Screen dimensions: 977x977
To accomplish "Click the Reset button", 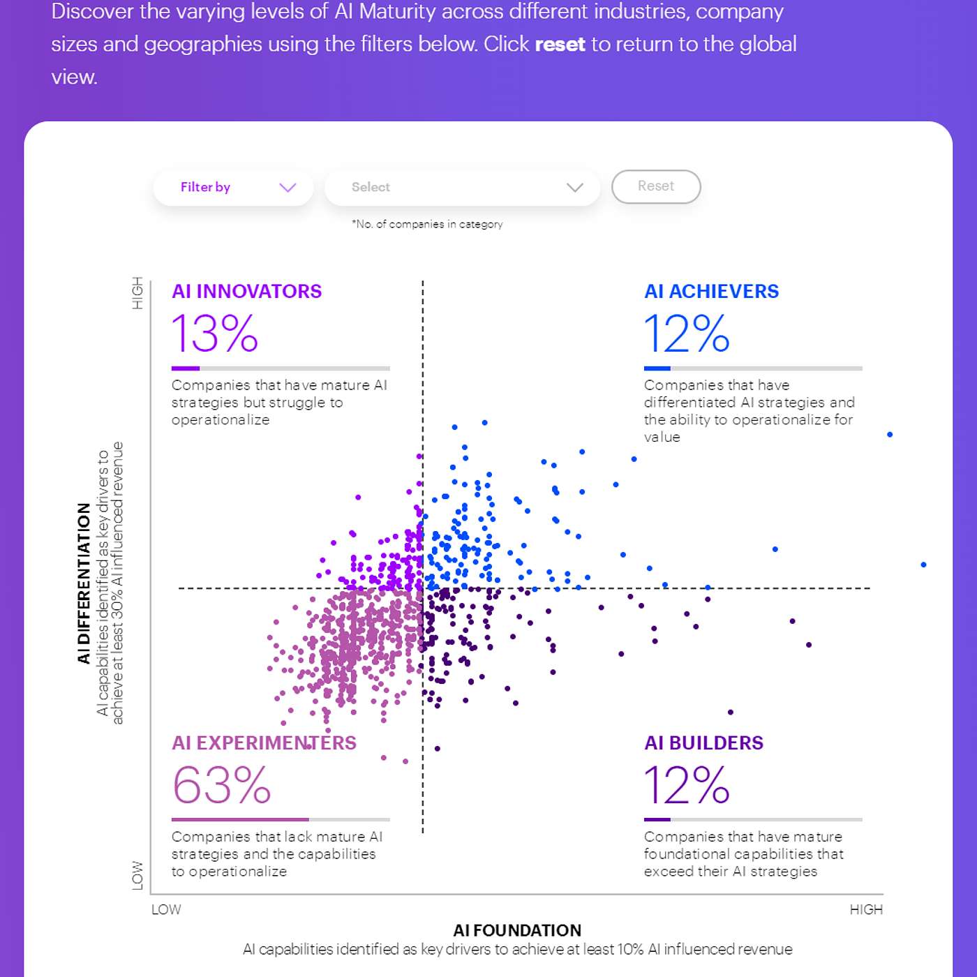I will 656,186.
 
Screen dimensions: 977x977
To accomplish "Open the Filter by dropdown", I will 233,187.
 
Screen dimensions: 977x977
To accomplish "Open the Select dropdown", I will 462,187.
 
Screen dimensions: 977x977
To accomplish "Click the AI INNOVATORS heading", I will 247,291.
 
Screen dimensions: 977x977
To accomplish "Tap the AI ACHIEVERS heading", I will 711,291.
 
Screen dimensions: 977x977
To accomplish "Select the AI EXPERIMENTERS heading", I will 264,743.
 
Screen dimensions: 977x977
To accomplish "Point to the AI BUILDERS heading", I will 703,743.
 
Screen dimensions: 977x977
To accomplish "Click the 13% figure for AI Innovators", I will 215,333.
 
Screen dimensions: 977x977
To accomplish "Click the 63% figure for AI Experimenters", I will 221,785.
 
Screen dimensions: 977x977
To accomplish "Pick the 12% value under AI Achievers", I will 687,333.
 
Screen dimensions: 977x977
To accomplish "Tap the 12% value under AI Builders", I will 687,785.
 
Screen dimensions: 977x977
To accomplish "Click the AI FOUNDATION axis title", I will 517,930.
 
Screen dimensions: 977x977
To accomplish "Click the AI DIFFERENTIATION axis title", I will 84,583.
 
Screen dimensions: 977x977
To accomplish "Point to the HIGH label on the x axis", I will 866,909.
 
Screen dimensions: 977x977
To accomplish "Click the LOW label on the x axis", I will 166,909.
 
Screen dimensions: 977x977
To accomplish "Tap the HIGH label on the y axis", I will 137,293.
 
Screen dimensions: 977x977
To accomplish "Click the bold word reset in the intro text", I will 560,44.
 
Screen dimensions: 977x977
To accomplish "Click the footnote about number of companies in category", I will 427,224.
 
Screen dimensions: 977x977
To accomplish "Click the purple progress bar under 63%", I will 240,819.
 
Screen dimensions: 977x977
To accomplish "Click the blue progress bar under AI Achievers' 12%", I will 657,368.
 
